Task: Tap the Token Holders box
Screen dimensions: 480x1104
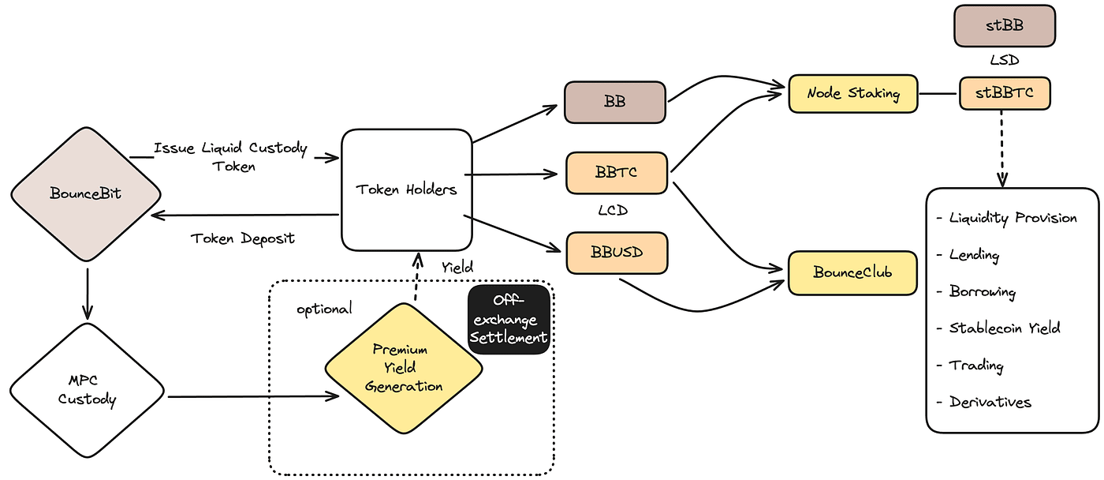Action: point(406,189)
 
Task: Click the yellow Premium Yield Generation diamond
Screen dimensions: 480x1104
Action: point(404,368)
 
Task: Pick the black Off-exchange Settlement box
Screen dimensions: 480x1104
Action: point(509,320)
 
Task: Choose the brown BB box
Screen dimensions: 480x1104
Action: point(615,102)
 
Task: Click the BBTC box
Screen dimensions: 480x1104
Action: point(617,172)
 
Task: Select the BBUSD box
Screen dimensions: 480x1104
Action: point(617,253)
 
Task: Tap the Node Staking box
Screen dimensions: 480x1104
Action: point(853,94)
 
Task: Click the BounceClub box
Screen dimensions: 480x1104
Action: point(852,273)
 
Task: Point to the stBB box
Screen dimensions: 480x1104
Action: point(1004,25)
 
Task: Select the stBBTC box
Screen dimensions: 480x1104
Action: point(1004,93)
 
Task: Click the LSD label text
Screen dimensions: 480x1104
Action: point(1005,60)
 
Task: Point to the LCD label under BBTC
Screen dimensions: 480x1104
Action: point(616,212)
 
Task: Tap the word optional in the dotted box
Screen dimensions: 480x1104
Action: point(324,309)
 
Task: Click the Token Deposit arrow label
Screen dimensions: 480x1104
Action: point(242,238)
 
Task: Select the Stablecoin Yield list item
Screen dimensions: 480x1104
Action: point(1004,328)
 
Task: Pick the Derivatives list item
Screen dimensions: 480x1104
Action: point(990,402)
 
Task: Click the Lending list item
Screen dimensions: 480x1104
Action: point(974,255)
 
